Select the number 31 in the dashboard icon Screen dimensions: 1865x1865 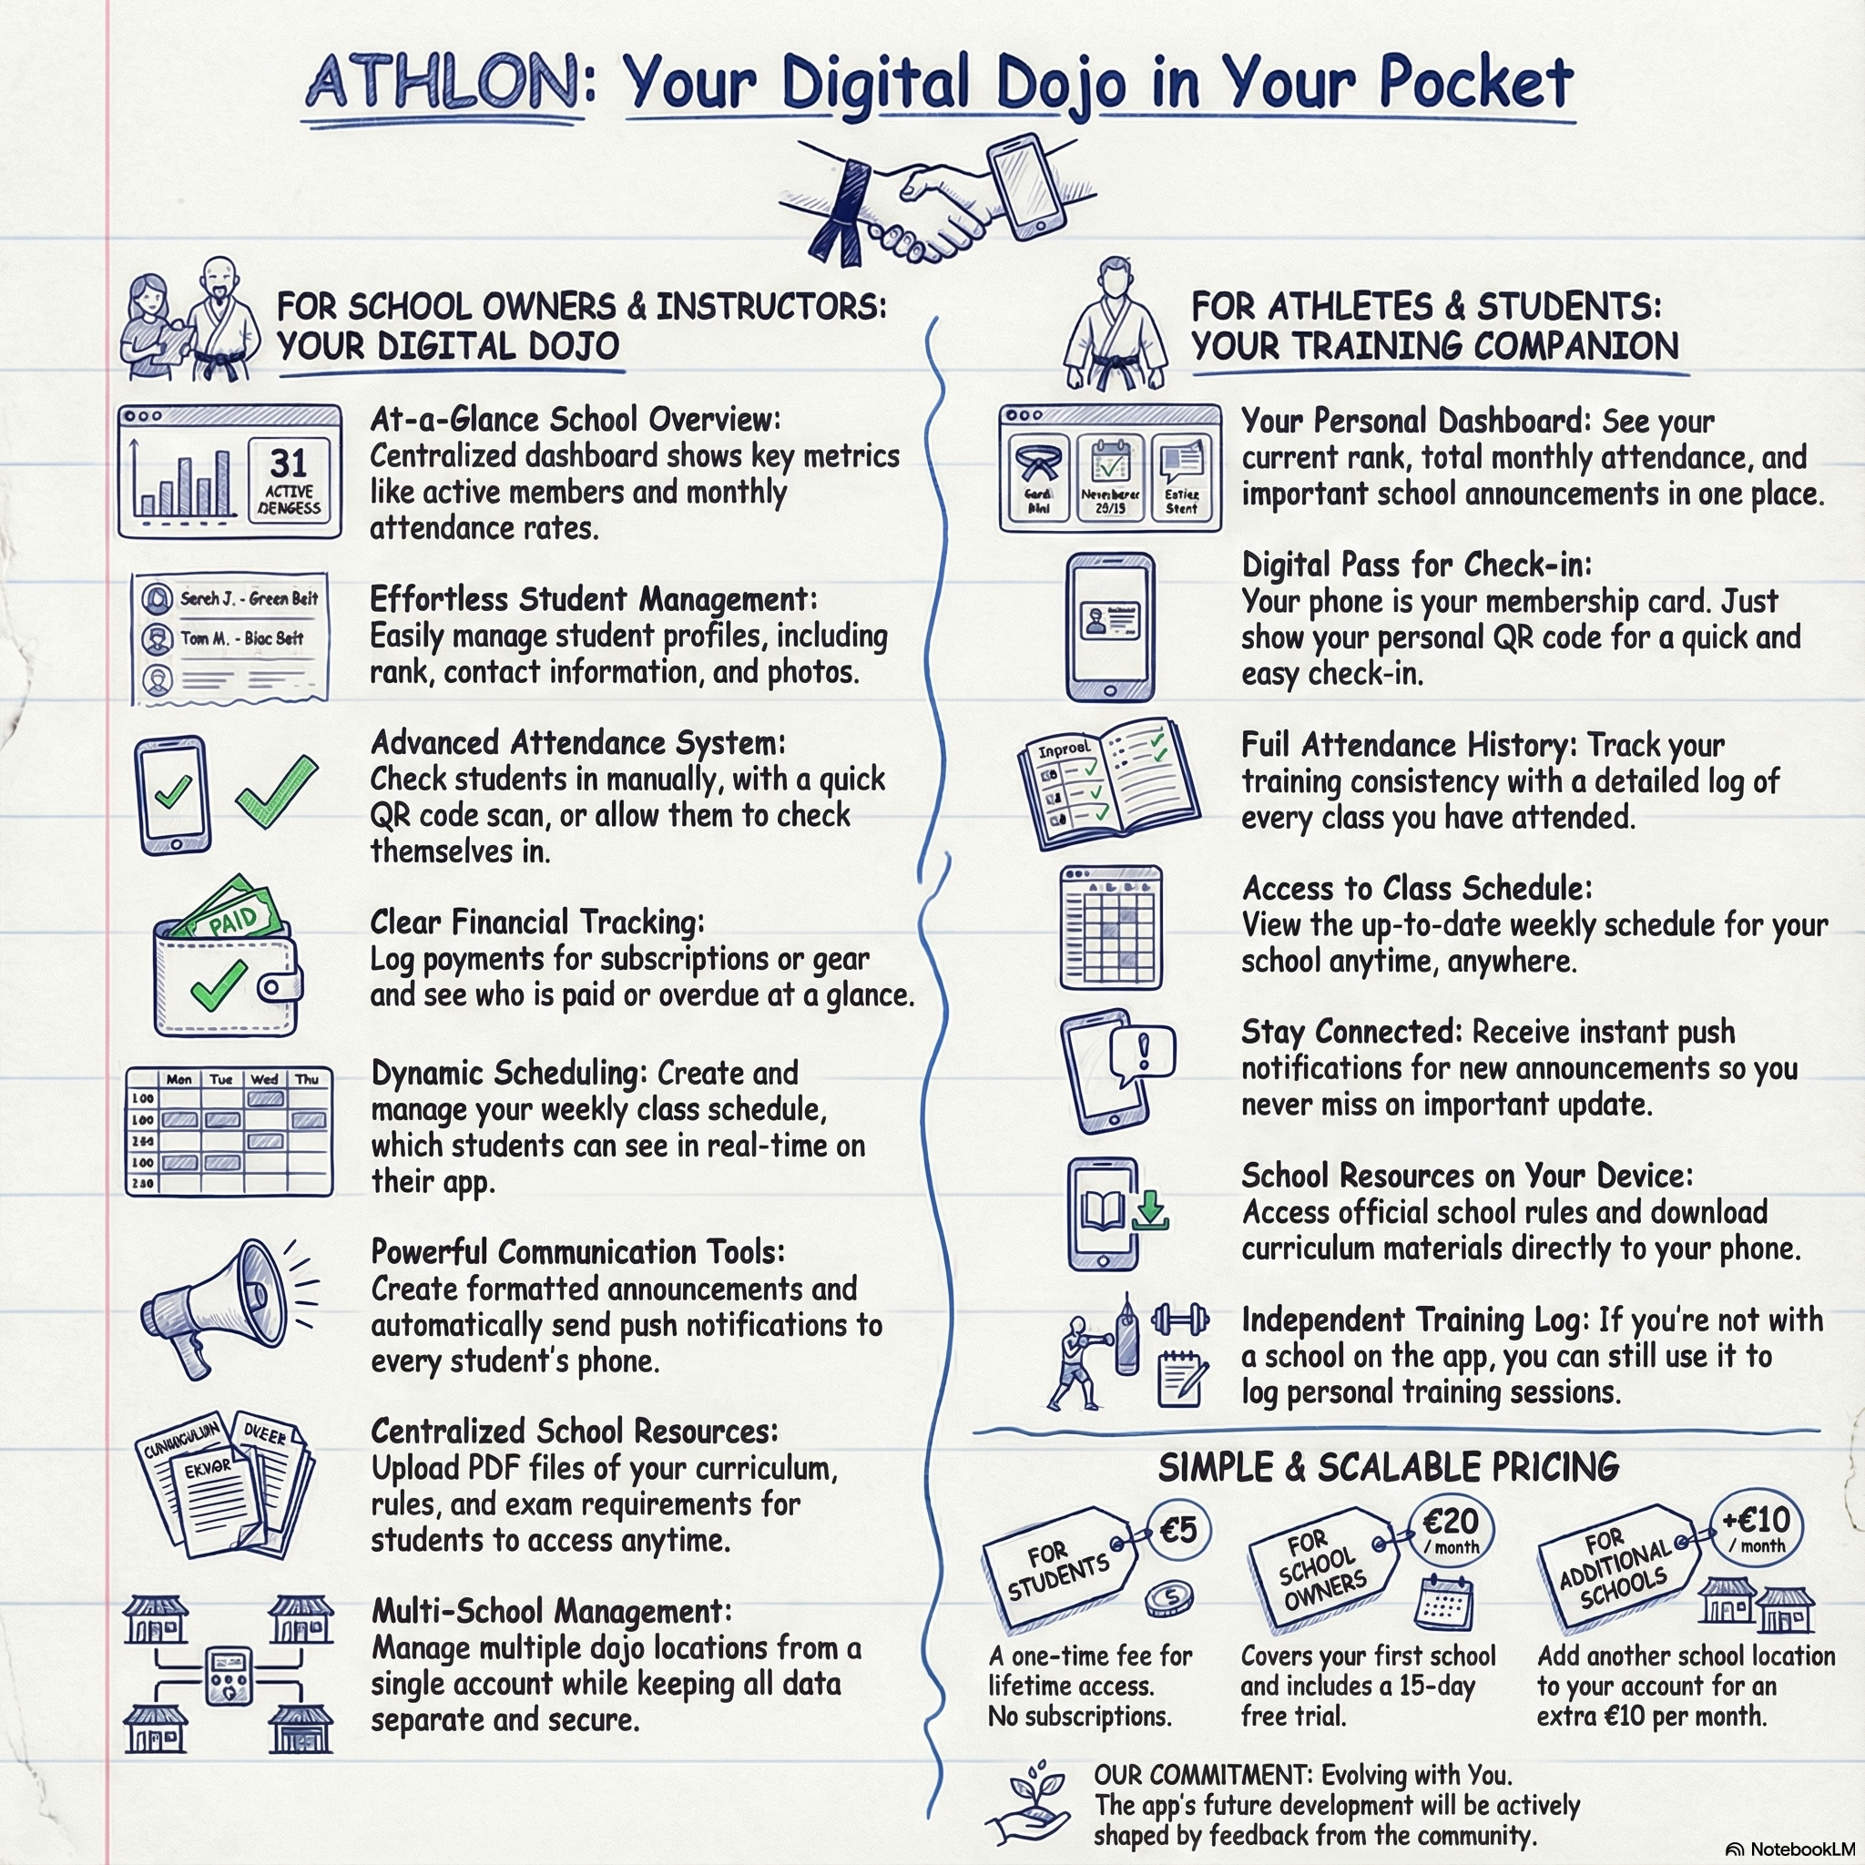289,464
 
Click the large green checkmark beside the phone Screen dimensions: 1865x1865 276,791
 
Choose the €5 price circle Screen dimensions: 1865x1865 1177,1531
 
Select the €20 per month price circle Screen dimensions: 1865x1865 1451,1529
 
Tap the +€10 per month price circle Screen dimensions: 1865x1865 1756,1527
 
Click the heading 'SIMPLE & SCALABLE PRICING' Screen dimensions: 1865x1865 1388,1467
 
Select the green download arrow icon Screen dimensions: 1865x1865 1150,1210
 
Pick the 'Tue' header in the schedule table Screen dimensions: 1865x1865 221,1079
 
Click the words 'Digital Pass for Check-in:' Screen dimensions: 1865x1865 1416,565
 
